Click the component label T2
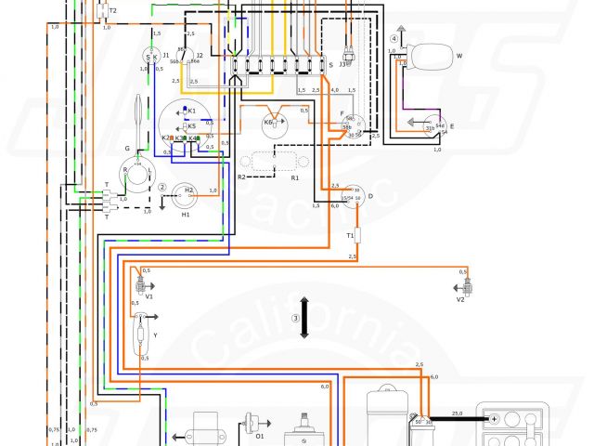[x=112, y=10]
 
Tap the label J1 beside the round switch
[x=166, y=56]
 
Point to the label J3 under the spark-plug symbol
[x=342, y=64]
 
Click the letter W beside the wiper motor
[x=458, y=56]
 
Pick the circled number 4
[x=394, y=39]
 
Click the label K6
[x=268, y=122]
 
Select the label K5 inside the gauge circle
[x=192, y=125]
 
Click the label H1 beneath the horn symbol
[x=186, y=215]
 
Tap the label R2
[x=242, y=176]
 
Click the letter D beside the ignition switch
[x=370, y=196]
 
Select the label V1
[x=148, y=296]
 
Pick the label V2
[x=459, y=300]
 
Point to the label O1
[x=260, y=435]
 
